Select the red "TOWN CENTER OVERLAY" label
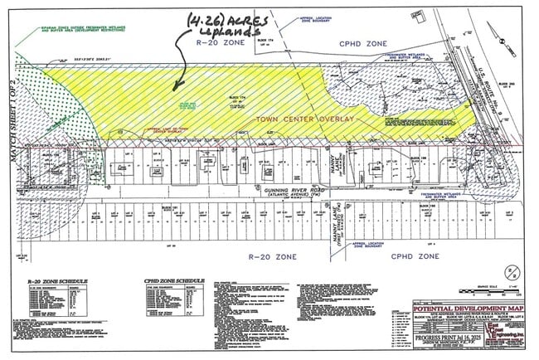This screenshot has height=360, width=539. point(306,119)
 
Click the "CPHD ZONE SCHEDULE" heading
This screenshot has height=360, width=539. point(174,281)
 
